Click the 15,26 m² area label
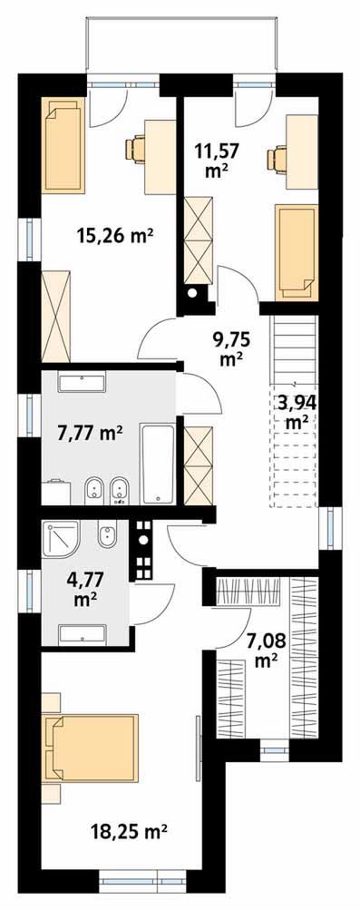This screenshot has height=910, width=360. pos(115,236)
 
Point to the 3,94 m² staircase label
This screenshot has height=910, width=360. pos(296,410)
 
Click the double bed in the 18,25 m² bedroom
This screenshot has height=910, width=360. pos(91,749)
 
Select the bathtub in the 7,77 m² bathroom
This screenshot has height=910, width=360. pos(158,465)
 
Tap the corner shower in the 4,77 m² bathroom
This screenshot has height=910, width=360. pos(61,539)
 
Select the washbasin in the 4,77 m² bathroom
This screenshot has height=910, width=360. pos(83,636)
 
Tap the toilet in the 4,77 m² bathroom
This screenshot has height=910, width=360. pos(108,533)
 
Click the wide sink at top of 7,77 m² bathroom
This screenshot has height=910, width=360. pos(82,382)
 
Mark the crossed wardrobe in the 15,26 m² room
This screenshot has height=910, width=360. pos(56,318)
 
